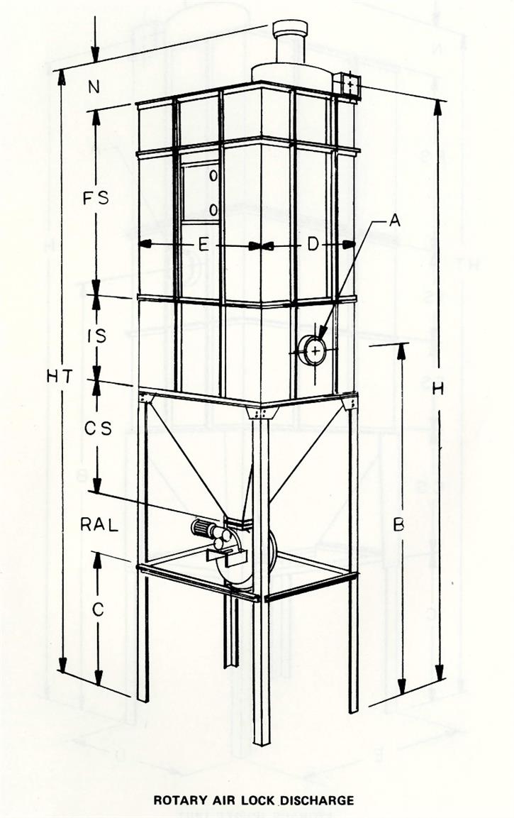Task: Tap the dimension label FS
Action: pyautogui.click(x=94, y=198)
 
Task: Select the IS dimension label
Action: pyautogui.click(x=96, y=336)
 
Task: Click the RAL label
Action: pyautogui.click(x=96, y=525)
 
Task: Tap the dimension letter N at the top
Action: pyautogui.click(x=93, y=88)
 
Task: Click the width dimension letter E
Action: pyautogui.click(x=203, y=245)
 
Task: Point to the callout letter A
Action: pyautogui.click(x=395, y=221)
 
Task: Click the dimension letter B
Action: pyautogui.click(x=399, y=525)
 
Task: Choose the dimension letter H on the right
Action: pyautogui.click(x=439, y=388)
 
